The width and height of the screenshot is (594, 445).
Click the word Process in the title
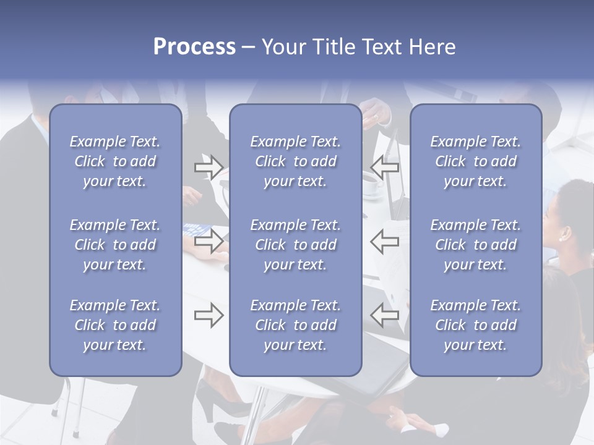click(x=194, y=47)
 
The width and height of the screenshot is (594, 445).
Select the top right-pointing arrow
click(x=209, y=167)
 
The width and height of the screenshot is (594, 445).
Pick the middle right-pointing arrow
click(x=209, y=241)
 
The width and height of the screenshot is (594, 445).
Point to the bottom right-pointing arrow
click(x=209, y=316)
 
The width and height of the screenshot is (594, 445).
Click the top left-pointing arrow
click(x=385, y=167)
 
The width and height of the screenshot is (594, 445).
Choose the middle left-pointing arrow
click(x=385, y=241)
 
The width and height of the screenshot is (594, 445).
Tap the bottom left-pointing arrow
click(x=385, y=316)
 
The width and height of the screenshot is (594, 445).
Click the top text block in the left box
click(x=115, y=161)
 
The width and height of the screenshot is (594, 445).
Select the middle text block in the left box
click(x=115, y=245)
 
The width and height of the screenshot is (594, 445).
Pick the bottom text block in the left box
click(x=115, y=325)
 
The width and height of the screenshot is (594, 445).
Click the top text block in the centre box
click(x=296, y=161)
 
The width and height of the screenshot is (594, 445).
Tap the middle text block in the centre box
click(x=296, y=245)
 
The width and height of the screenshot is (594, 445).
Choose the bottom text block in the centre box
click(x=296, y=325)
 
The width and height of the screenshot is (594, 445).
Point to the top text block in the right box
click(x=476, y=161)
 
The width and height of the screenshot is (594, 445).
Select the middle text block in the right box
click(x=476, y=245)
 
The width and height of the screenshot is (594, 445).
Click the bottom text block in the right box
click(x=476, y=325)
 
